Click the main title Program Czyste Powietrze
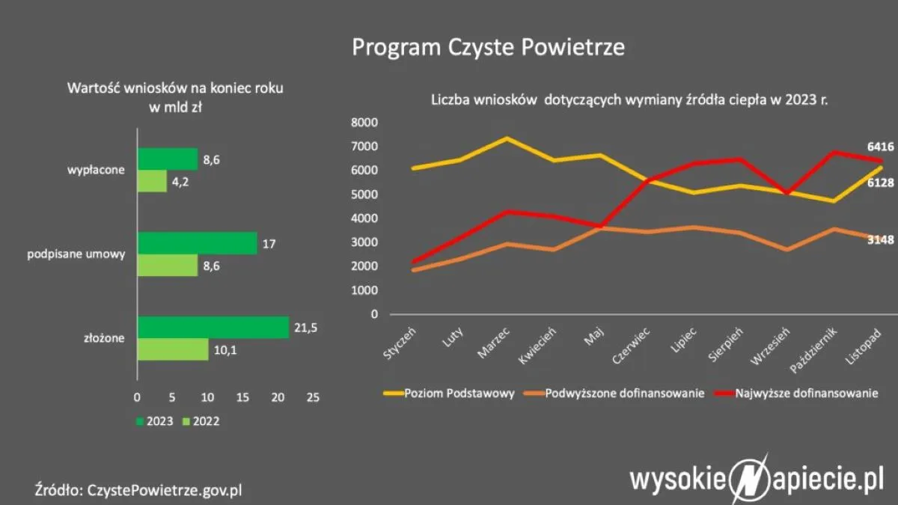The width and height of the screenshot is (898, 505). (x=488, y=47)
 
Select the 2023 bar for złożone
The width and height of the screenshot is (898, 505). (x=213, y=327)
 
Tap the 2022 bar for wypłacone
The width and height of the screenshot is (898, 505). (x=152, y=181)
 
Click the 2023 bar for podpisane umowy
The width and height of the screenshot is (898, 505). (x=197, y=242)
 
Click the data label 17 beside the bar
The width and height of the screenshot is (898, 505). (x=271, y=242)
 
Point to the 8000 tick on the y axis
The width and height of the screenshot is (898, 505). (x=364, y=123)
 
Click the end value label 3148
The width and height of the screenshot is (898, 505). (x=880, y=239)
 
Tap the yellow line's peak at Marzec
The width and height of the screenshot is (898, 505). (x=506, y=138)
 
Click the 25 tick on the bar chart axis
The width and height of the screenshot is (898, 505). (x=313, y=397)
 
